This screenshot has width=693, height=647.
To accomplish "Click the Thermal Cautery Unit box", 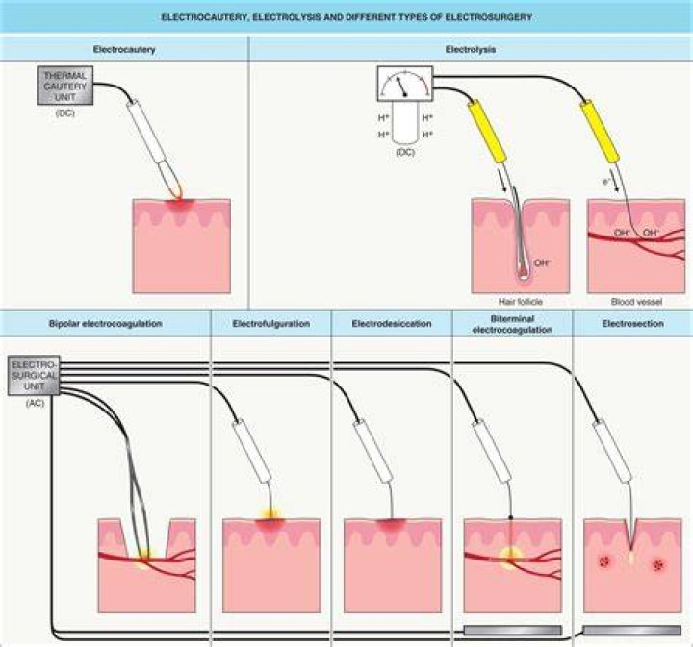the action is pyautogui.click(x=65, y=86).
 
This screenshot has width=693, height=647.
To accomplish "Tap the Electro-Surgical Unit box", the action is pyautogui.click(x=34, y=376).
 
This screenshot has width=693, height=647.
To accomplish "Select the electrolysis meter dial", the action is pyautogui.click(x=405, y=84).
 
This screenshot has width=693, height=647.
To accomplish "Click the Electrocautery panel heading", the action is pyautogui.click(x=124, y=49).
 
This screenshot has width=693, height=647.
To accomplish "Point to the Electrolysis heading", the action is pyautogui.click(x=471, y=49).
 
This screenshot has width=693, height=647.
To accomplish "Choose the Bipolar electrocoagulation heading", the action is pyautogui.click(x=105, y=323).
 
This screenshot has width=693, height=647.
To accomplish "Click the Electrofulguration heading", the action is pyautogui.click(x=270, y=323).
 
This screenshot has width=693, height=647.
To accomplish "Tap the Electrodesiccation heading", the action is pyautogui.click(x=392, y=323).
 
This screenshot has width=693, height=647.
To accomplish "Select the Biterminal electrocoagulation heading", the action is pyautogui.click(x=512, y=324).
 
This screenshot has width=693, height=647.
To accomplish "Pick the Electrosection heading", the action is pyautogui.click(x=633, y=323).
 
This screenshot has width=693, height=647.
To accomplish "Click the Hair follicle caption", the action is pyautogui.click(x=520, y=302).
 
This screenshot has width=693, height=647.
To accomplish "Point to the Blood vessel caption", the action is pyautogui.click(x=636, y=302).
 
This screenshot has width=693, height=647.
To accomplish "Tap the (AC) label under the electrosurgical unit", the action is pyautogui.click(x=35, y=403).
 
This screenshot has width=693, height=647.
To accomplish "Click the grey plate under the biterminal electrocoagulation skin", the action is pyautogui.click(x=513, y=630).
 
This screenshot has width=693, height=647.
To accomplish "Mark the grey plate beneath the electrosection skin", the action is pyautogui.click(x=632, y=630).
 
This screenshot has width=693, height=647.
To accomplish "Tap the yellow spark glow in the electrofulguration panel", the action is pyautogui.click(x=270, y=514).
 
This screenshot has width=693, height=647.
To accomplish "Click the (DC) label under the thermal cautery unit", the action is pyautogui.click(x=65, y=113).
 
